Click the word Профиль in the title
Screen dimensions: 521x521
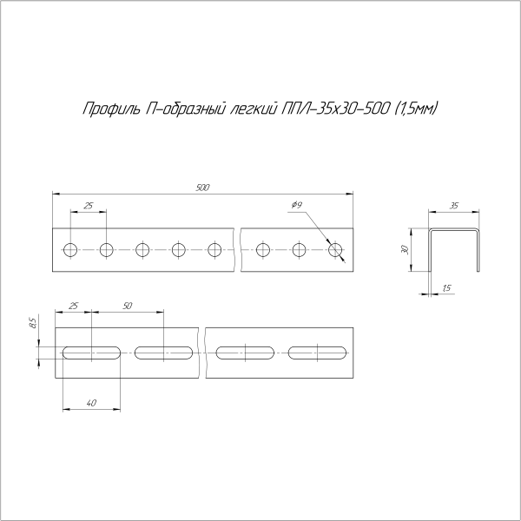tap(107, 109)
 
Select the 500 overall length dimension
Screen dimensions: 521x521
tap(203, 187)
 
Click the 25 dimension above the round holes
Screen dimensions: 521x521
tap(88, 206)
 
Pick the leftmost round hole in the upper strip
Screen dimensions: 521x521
tap(69, 251)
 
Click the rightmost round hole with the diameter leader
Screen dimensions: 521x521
tap(336, 251)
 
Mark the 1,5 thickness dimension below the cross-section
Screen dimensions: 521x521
tap(446, 287)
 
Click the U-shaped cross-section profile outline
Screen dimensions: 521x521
tap(454, 233)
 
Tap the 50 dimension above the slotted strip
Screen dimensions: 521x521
tap(128, 307)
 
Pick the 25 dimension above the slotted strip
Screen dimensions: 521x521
tap(73, 307)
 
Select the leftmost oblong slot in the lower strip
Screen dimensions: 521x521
tap(91, 353)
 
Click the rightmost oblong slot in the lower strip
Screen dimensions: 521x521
tap(319, 353)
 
